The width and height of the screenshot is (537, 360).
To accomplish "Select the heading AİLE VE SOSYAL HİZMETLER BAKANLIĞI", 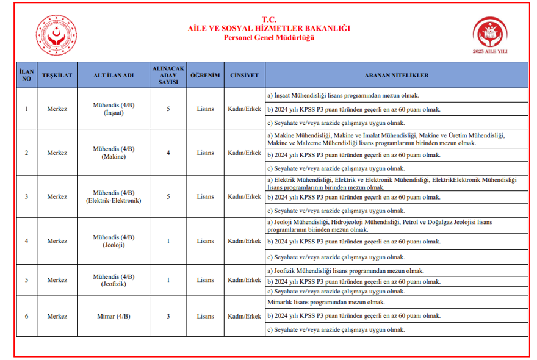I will pyautogui.click(x=268, y=28).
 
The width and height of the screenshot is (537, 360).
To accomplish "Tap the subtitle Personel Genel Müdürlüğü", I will pyautogui.click(x=268, y=37).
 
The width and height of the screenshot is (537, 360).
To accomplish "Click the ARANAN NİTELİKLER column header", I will pyautogui.click(x=396, y=75).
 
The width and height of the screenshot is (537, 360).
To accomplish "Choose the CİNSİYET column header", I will pyautogui.click(x=244, y=75).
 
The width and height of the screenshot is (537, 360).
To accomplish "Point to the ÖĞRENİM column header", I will pyautogui.click(x=205, y=75).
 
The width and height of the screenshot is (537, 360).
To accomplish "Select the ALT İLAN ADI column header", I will pyautogui.click(x=113, y=75).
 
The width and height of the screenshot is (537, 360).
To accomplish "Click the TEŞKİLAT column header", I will pyautogui.click(x=57, y=75).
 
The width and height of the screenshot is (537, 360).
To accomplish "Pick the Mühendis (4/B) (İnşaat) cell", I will pyautogui.click(x=114, y=109).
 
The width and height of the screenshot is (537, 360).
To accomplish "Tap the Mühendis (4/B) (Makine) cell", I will pyautogui.click(x=114, y=153).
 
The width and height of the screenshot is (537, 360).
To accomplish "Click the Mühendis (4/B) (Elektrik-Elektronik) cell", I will pyautogui.click(x=114, y=196).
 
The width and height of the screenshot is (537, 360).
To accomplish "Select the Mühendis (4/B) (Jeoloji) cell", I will pyautogui.click(x=114, y=240).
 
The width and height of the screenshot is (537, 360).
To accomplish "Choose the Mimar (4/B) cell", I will pyautogui.click(x=114, y=316).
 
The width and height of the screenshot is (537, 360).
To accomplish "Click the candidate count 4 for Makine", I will pyautogui.click(x=168, y=153).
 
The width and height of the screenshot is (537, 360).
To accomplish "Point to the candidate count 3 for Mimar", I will pyautogui.click(x=168, y=316).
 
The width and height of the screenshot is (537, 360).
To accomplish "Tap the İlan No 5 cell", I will pyautogui.click(x=26, y=280).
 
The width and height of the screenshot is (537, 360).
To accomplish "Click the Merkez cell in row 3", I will pyautogui.click(x=57, y=196).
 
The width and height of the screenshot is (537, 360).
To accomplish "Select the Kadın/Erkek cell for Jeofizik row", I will pyautogui.click(x=244, y=280).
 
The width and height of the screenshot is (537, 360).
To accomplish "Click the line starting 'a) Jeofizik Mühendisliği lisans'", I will pyautogui.click(x=345, y=270).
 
